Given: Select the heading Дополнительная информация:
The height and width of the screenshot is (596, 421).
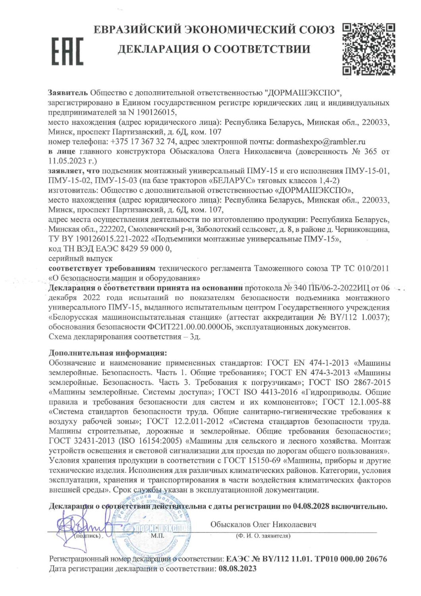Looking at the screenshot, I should (x=108, y=353).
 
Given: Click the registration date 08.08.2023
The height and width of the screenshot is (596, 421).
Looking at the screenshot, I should (x=238, y=569).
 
